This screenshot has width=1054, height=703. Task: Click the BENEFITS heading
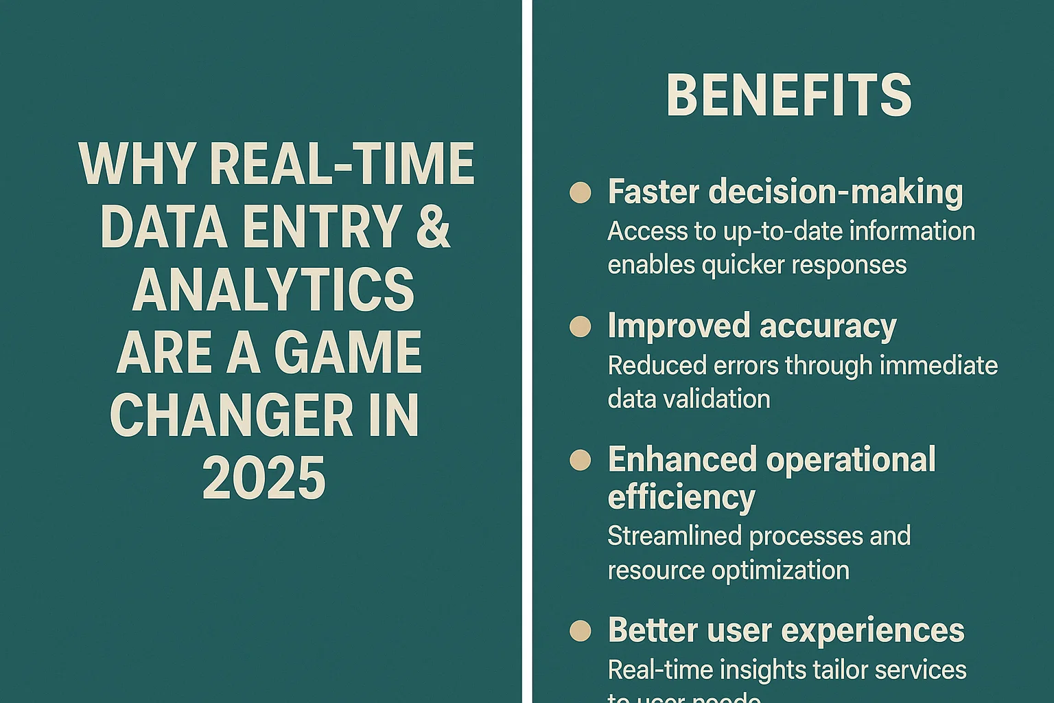[788, 95]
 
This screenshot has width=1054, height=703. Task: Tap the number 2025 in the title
[264, 479]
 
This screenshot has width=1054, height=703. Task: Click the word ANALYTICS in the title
[273, 289]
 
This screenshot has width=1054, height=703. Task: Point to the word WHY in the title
[137, 164]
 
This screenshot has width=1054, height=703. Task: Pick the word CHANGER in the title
[226, 416]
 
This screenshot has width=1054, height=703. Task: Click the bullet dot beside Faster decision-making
[580, 193]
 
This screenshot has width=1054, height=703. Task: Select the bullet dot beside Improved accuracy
[580, 327]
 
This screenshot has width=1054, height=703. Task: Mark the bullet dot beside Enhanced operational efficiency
[580, 460]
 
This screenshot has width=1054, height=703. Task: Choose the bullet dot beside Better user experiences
[580, 631]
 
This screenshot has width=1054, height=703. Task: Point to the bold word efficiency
[681, 497]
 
